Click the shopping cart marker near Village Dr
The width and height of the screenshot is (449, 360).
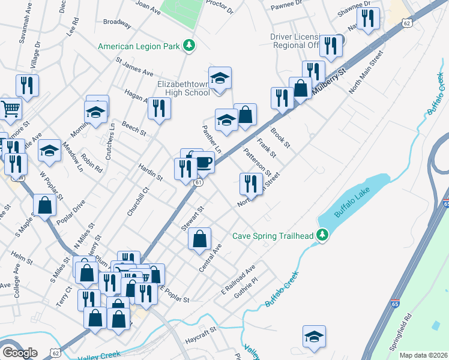11,109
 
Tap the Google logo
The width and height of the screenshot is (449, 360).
19,353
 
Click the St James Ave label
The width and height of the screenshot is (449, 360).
135,67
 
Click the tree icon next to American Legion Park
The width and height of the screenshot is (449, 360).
190,45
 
